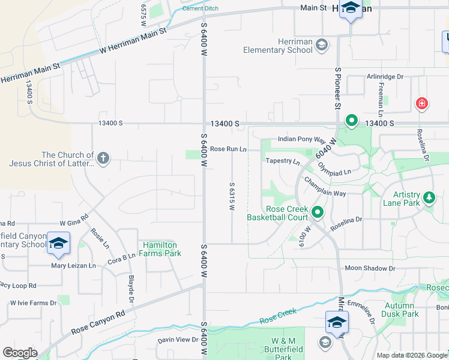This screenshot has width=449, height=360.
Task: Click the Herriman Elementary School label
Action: click(278, 46)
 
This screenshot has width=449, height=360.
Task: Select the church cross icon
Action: click(103, 158)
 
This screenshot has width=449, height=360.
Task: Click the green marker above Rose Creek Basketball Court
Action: click(318, 212)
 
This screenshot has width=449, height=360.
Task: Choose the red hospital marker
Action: click(422, 104)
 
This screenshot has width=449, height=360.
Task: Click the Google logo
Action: click(20, 353)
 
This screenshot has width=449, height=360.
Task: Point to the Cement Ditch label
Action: click(200, 8)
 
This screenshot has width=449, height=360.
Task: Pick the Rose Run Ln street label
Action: click(228, 149)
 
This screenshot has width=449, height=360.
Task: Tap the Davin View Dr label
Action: click(178, 340)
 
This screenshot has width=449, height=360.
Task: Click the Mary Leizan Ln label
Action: click(73, 265)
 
